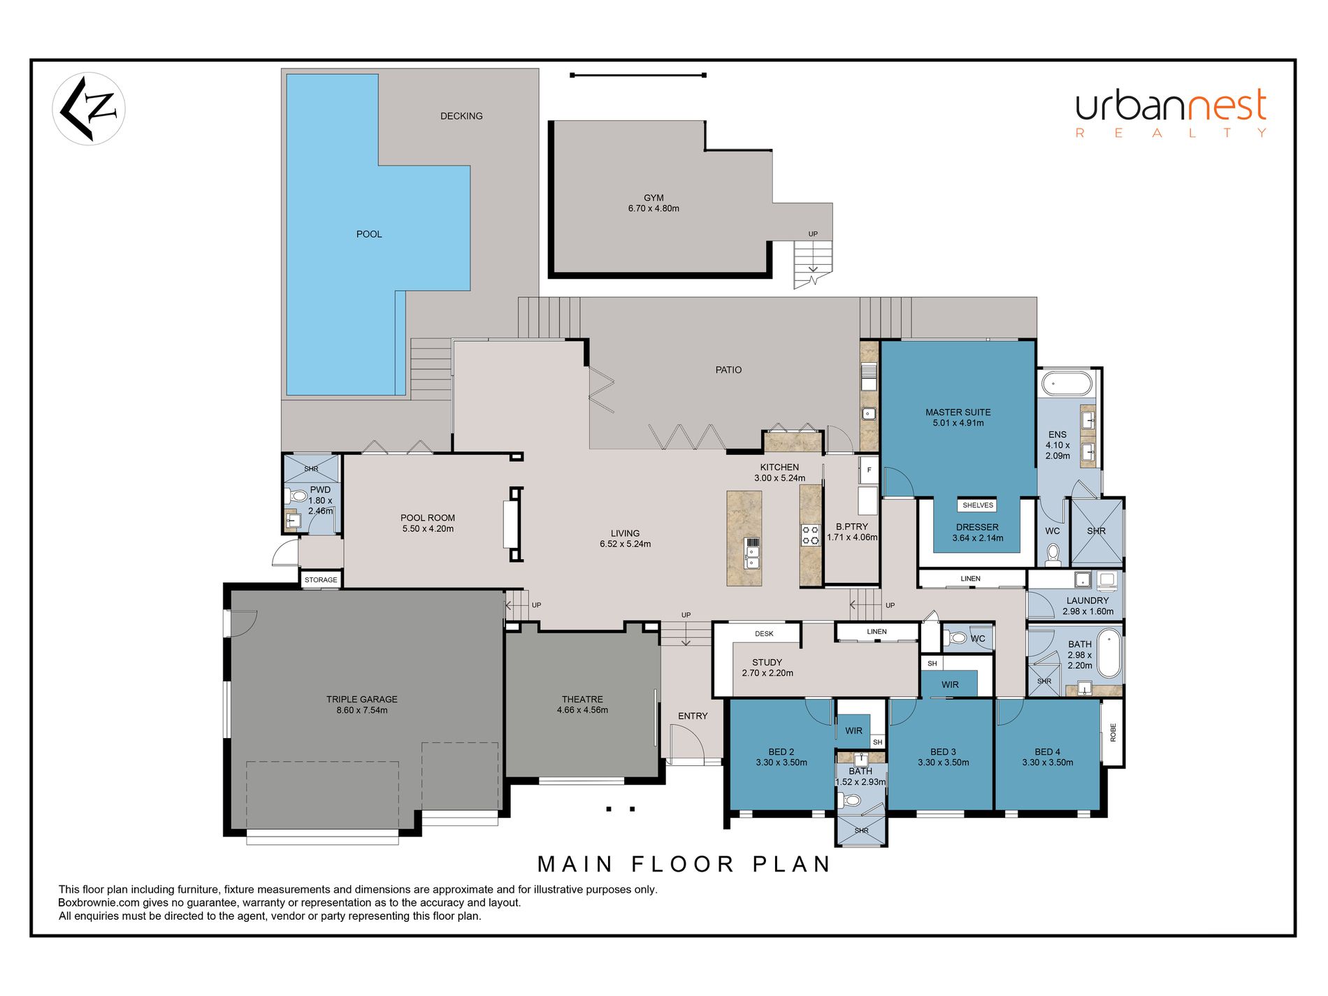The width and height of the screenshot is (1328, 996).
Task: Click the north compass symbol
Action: [x=89, y=109]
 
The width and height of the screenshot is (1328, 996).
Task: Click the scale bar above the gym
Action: [x=638, y=75]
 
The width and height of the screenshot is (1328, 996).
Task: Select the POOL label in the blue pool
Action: [x=369, y=234]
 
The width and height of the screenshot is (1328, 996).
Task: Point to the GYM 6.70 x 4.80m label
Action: [x=654, y=203]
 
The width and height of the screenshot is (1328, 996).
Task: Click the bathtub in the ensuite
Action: [x=1067, y=384]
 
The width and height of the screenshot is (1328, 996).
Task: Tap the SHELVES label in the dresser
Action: [x=978, y=505]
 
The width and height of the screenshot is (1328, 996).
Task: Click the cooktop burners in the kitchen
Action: [x=810, y=535]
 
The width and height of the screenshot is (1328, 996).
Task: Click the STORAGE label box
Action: [x=321, y=579]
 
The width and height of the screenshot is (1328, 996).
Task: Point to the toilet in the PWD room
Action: [x=296, y=496]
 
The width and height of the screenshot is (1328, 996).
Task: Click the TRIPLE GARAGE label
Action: [x=362, y=705]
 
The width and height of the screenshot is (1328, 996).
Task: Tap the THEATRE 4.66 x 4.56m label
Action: [x=582, y=705]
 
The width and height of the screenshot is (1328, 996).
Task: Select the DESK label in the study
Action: [x=764, y=634]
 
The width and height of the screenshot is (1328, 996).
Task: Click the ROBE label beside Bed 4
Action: [x=1113, y=732]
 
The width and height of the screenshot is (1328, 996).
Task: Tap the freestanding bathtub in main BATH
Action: [x=1109, y=654]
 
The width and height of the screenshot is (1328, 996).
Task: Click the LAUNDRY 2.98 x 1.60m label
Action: [x=1088, y=606]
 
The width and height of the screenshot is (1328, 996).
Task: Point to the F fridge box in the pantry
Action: [x=869, y=470]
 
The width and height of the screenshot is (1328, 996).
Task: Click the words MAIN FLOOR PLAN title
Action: [x=684, y=865]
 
